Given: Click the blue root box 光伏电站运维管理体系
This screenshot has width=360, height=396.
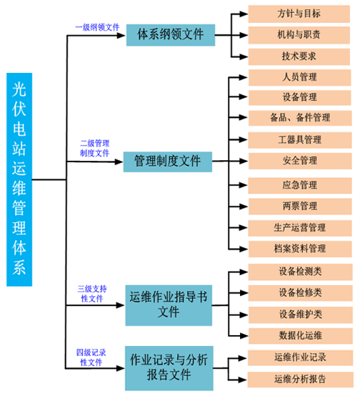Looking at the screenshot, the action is (x=19, y=179).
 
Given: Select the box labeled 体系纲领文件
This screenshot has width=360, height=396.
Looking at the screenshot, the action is (x=171, y=35).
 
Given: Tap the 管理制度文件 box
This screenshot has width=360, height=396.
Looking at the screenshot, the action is (x=168, y=162).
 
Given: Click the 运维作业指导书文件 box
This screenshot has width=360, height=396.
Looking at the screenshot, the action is (x=169, y=305).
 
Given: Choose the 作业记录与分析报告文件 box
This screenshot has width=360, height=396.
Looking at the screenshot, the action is (x=169, y=368).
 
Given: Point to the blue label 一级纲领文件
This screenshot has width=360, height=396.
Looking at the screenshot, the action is (x=97, y=27).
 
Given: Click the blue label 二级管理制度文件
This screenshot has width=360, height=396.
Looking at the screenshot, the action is (x=95, y=148).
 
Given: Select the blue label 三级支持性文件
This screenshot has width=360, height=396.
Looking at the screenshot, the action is (x=92, y=294).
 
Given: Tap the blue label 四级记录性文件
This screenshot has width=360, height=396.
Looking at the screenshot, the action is (x=91, y=357).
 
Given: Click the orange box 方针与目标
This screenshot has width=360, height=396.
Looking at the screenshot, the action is (x=299, y=14).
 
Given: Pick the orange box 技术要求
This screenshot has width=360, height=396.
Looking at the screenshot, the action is (x=299, y=56).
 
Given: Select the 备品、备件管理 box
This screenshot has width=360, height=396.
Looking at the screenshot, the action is (x=300, y=118).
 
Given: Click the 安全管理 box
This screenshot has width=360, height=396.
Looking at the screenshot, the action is (x=300, y=161).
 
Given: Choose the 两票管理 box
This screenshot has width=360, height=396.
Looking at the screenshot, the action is (x=300, y=207).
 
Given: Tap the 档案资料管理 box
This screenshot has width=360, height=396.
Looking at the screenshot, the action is (x=300, y=249).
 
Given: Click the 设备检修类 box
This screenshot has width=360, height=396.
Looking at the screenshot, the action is (x=301, y=293).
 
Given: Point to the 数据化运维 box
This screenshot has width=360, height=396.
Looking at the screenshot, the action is (x=301, y=336).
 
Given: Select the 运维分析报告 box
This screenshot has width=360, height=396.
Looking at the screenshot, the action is (x=301, y=380).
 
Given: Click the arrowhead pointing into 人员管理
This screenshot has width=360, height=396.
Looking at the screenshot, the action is (x=244, y=77).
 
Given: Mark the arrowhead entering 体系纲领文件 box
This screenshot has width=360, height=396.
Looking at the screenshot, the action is (x=121, y=35).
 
